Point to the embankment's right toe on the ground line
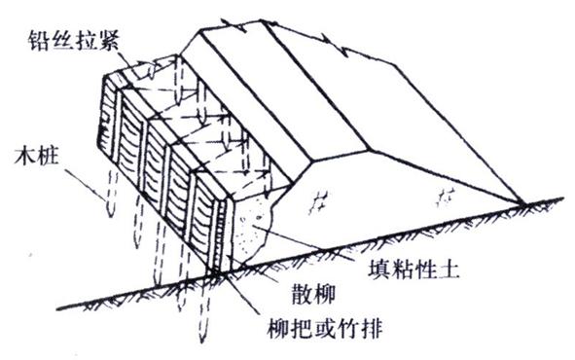point(526,203)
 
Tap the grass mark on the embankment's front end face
point(319,202)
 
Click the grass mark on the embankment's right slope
point(448,195)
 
